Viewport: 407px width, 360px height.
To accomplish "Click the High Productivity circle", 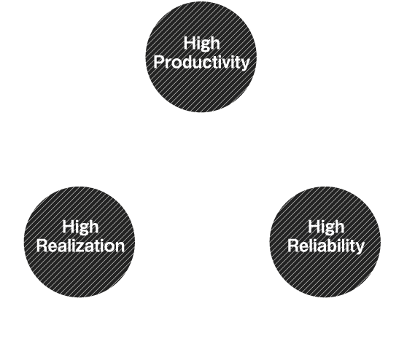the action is [201, 57].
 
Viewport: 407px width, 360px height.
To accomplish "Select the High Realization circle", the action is [80, 242].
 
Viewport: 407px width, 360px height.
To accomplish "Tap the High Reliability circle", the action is [325, 242].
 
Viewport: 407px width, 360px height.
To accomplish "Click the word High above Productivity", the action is [202, 44].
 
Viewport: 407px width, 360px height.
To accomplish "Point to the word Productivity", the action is [201, 63].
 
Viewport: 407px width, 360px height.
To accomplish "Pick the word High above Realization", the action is [80, 227].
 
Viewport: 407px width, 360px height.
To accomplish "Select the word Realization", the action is [80, 246].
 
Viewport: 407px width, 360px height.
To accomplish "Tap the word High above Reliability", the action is [326, 227].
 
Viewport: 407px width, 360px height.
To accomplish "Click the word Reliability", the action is [326, 246].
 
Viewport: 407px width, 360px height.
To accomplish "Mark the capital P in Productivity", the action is [159, 62].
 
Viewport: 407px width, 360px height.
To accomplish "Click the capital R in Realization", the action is [42, 246].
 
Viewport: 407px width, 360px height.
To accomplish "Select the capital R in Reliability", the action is [293, 246].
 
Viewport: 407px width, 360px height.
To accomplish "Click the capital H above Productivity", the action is [190, 43].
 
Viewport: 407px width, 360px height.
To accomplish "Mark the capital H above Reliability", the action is [314, 227].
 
